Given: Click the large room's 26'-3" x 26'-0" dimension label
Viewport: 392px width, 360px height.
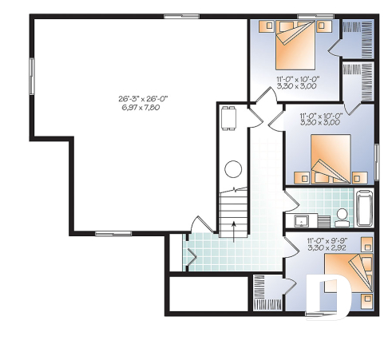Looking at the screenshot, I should coord(143,97).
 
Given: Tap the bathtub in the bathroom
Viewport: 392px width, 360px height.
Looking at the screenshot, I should coord(363,209).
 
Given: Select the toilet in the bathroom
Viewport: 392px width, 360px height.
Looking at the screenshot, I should coord(341,215).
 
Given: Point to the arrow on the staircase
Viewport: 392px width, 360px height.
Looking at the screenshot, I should coord(233,229).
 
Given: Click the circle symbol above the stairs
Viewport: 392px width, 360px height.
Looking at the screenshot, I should coord(233,169).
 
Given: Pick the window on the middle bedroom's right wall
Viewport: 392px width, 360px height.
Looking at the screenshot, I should coord(376,160).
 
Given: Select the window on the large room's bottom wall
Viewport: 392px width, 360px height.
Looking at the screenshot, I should coord(107,233).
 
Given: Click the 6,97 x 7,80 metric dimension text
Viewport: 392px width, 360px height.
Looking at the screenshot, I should coord(143,106).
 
